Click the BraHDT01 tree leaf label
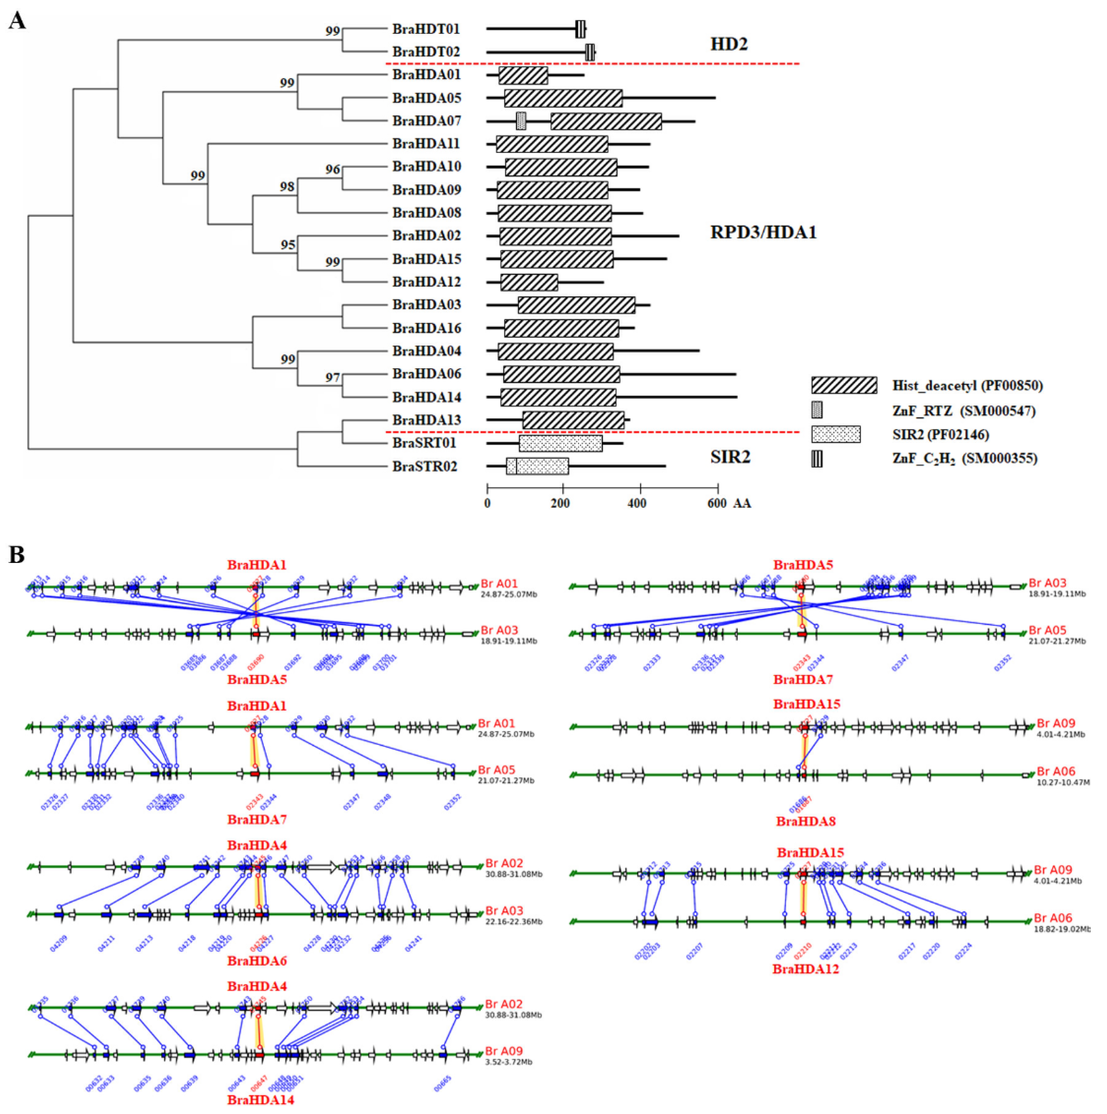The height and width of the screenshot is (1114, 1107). tap(426, 29)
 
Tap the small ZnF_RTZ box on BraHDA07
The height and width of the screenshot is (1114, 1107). tap(521, 121)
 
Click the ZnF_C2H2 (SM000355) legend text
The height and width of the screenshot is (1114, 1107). tap(964, 459)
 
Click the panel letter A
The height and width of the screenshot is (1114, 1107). tap(17, 21)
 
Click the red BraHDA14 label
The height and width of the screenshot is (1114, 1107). tap(260, 1100)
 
